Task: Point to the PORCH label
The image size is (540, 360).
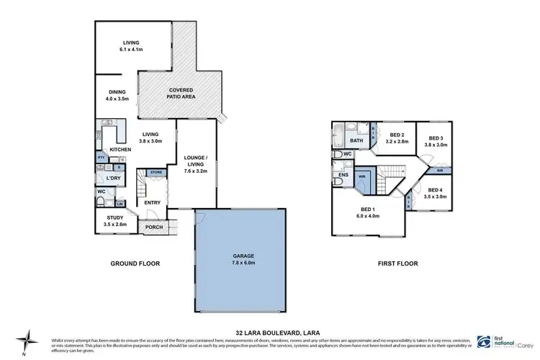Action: [x=154, y=228]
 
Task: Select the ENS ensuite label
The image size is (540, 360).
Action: [x=343, y=174]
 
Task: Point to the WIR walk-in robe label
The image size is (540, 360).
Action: [x=363, y=175]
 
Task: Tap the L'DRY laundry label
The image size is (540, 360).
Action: [x=112, y=178]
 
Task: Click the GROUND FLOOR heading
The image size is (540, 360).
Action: [x=135, y=264]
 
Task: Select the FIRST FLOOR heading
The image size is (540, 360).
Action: [x=399, y=264]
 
